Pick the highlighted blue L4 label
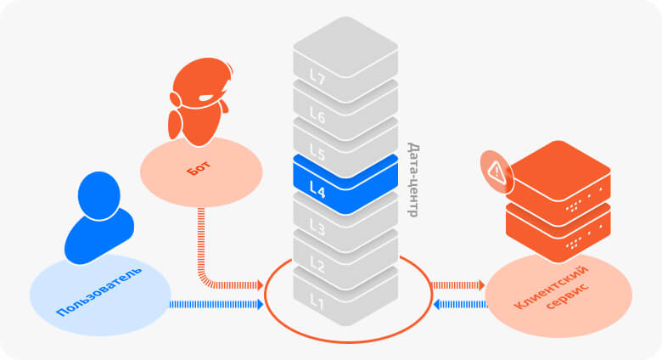click(317, 190)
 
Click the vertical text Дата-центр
click(412, 179)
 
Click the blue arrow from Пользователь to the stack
click(212, 304)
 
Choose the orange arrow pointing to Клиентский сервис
click(457, 285)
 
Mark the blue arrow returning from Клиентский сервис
click(457, 304)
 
